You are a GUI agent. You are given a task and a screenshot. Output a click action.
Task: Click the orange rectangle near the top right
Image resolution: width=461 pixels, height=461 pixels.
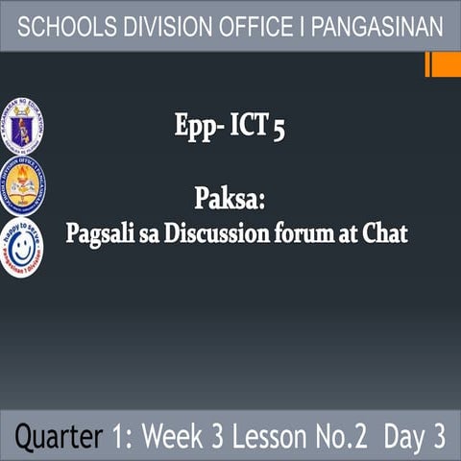coord(444,65)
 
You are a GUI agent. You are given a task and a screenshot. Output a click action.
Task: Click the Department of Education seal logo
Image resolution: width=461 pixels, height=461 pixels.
coord(21,125)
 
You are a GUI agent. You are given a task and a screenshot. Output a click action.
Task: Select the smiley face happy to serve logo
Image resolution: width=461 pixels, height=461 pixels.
coord(21,247)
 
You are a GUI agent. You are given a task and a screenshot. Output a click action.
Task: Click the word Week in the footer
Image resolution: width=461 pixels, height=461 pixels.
coord(178,437)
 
